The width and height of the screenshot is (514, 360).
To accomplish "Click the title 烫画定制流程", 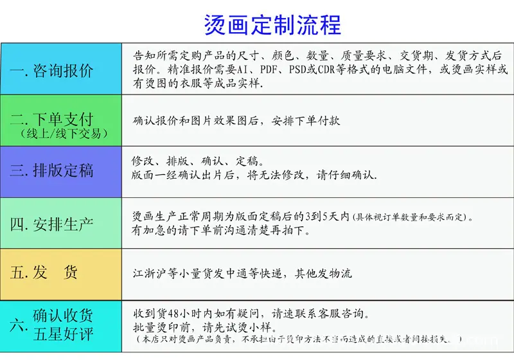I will click(x=272, y=24).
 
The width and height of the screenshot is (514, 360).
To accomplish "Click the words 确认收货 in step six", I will click(x=63, y=316).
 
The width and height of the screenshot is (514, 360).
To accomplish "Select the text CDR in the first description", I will click(x=333, y=69).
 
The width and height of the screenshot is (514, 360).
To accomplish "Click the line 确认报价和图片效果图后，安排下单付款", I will click(x=236, y=120).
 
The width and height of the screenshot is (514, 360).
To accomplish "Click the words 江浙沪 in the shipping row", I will click(x=146, y=273).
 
